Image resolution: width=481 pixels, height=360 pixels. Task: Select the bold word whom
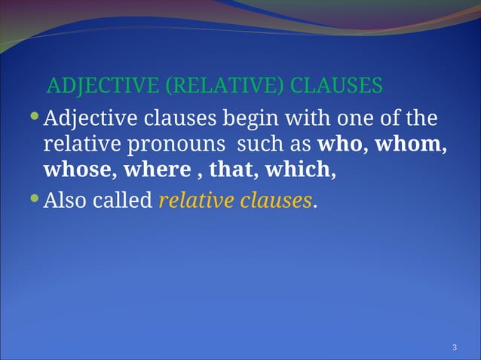click(409, 145)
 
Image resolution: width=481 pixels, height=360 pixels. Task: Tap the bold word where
click(157, 169)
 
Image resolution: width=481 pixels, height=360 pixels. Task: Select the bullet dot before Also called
click(34, 200)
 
